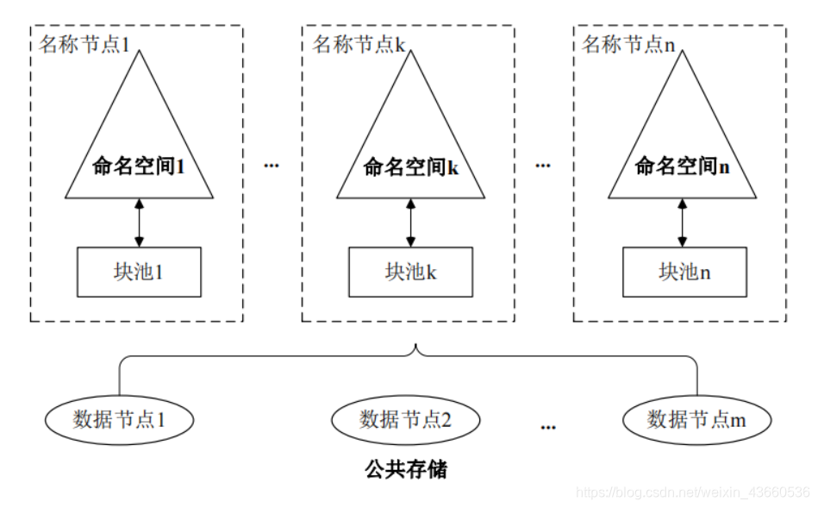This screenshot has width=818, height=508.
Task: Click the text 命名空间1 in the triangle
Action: (139, 166)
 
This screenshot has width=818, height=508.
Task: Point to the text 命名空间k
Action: (410, 166)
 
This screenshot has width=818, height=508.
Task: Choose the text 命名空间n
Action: (682, 166)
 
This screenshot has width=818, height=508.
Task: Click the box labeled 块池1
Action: (139, 273)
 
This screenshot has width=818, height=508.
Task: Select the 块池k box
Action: (410, 273)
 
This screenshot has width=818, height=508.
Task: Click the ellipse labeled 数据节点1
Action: (119, 420)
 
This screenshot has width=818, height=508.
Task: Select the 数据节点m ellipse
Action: (696, 420)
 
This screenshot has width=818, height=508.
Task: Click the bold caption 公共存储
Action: (406, 470)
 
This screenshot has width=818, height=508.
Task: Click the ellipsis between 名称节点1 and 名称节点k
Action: (272, 164)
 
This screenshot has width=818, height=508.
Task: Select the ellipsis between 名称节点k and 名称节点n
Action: (542, 164)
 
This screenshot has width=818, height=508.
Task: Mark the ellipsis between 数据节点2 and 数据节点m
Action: (548, 426)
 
